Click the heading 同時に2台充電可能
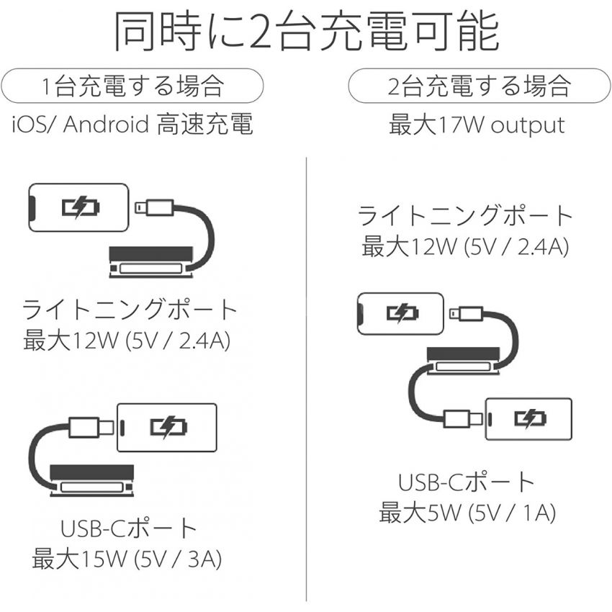click(x=306, y=31)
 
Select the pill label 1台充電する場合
click(x=132, y=86)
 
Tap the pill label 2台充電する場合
click(x=480, y=86)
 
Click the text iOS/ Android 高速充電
click(x=132, y=124)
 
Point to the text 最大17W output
click(x=477, y=125)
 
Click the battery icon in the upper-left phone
click(x=81, y=207)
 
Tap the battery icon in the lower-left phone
click(x=168, y=428)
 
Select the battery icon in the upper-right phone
click(x=402, y=313)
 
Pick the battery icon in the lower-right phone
click(x=530, y=419)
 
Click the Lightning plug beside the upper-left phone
click(x=154, y=207)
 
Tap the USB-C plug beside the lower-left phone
click(x=91, y=428)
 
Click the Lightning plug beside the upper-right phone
click(x=467, y=313)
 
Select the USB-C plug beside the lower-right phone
click(x=463, y=419)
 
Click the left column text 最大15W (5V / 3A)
click(x=127, y=559)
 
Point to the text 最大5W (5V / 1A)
click(x=467, y=513)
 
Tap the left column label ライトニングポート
click(x=130, y=310)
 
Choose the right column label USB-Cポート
click(x=467, y=482)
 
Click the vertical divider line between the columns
click(x=307, y=379)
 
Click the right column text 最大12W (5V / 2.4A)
click(x=465, y=247)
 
